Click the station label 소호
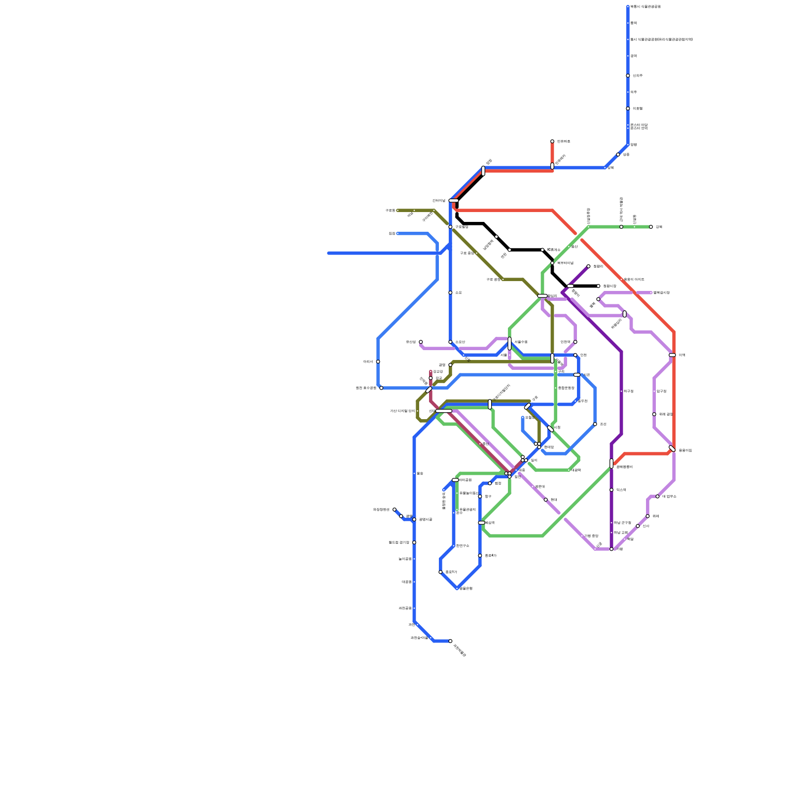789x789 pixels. pyautogui.click(x=458, y=293)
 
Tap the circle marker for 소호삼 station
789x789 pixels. pyautogui.click(x=450, y=342)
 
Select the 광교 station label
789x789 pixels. pyautogui.click(x=438, y=378)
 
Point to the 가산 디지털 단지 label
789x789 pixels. pyautogui.click(x=402, y=411)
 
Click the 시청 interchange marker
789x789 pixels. pyautogui.click(x=550, y=429)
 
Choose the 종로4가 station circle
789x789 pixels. pyautogui.click(x=480, y=556)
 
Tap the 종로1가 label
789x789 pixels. pyautogui.click(x=451, y=572)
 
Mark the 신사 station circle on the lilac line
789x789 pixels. pyautogui.click(x=638, y=526)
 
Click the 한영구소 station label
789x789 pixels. pyautogui.click(x=463, y=546)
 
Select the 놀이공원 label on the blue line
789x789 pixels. pyautogui.click(x=405, y=559)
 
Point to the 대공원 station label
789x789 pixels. pyautogui.click(x=406, y=582)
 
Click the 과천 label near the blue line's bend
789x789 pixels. pyautogui.click(x=411, y=625)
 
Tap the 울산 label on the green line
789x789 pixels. pyautogui.click(x=574, y=247)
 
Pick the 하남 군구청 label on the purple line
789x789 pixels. pyautogui.click(x=622, y=523)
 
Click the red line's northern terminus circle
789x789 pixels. pyautogui.click(x=552, y=142)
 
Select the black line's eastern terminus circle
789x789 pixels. pyautogui.click(x=598, y=286)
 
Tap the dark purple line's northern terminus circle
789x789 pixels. pyautogui.click(x=588, y=266)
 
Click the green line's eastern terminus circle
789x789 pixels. pyautogui.click(x=651, y=227)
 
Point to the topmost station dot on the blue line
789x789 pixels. pyautogui.click(x=628, y=7)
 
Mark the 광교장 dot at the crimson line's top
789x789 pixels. pyautogui.click(x=430, y=372)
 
